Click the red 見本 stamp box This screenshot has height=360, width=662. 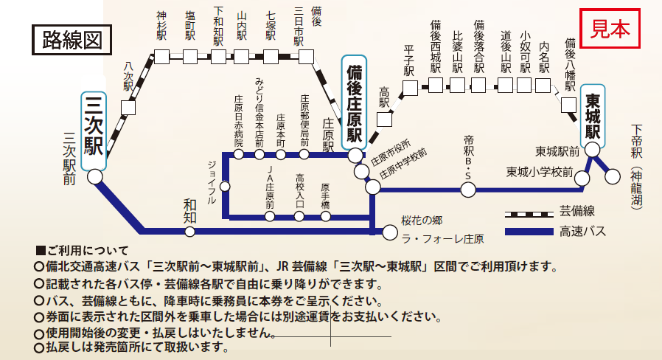pos(611,29)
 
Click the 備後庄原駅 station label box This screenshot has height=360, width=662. pos(354,103)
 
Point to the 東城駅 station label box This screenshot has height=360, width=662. pos(593,117)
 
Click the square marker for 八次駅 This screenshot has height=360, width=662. pos(129,108)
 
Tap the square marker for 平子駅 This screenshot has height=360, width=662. pos(410,88)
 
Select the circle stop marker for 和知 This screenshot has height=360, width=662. pos(190,232)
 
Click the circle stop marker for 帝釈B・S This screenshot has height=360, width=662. pos(467,190)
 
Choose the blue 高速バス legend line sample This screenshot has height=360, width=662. pos(529,232)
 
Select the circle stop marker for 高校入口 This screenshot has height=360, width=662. pos(299,216)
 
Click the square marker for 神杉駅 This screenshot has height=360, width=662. pos(161,56)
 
